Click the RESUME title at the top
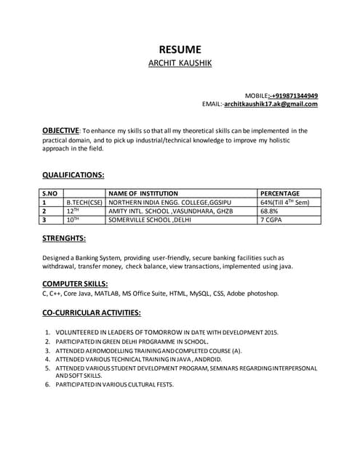(x=180, y=49)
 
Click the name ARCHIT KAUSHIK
(x=180, y=64)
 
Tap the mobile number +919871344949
(x=294, y=95)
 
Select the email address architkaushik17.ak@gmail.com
(x=271, y=104)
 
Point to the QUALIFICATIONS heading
(x=73, y=175)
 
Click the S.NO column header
(x=50, y=193)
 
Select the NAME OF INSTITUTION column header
(x=143, y=193)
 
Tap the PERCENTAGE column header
(x=280, y=193)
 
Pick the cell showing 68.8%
(x=270, y=211)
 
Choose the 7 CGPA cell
(x=271, y=219)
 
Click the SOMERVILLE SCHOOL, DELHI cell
(x=149, y=219)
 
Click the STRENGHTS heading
(x=64, y=238)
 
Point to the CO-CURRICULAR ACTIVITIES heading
(x=91, y=312)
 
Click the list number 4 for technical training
(x=47, y=360)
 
